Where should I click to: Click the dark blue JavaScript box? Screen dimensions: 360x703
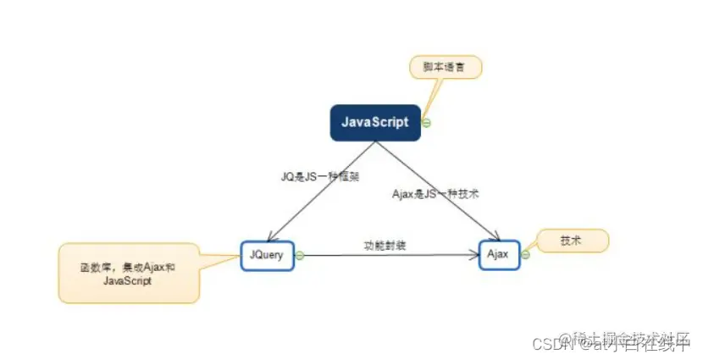pos(375,122)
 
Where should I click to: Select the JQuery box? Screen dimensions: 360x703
pos(266,254)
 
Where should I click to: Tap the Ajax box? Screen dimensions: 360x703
pos(499,254)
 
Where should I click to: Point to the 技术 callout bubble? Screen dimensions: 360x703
pos(572,241)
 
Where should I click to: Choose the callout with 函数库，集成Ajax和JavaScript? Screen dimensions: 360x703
pos(129,273)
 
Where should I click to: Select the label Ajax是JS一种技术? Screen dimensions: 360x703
pos(437,193)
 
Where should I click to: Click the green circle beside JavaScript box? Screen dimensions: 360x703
pos(427,122)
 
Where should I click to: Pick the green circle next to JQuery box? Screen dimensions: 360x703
pos(299,254)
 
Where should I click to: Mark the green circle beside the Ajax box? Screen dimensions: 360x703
pos(525,254)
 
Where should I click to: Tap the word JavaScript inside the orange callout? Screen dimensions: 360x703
pos(127,281)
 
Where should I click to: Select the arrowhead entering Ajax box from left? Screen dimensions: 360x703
pos(473,254)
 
